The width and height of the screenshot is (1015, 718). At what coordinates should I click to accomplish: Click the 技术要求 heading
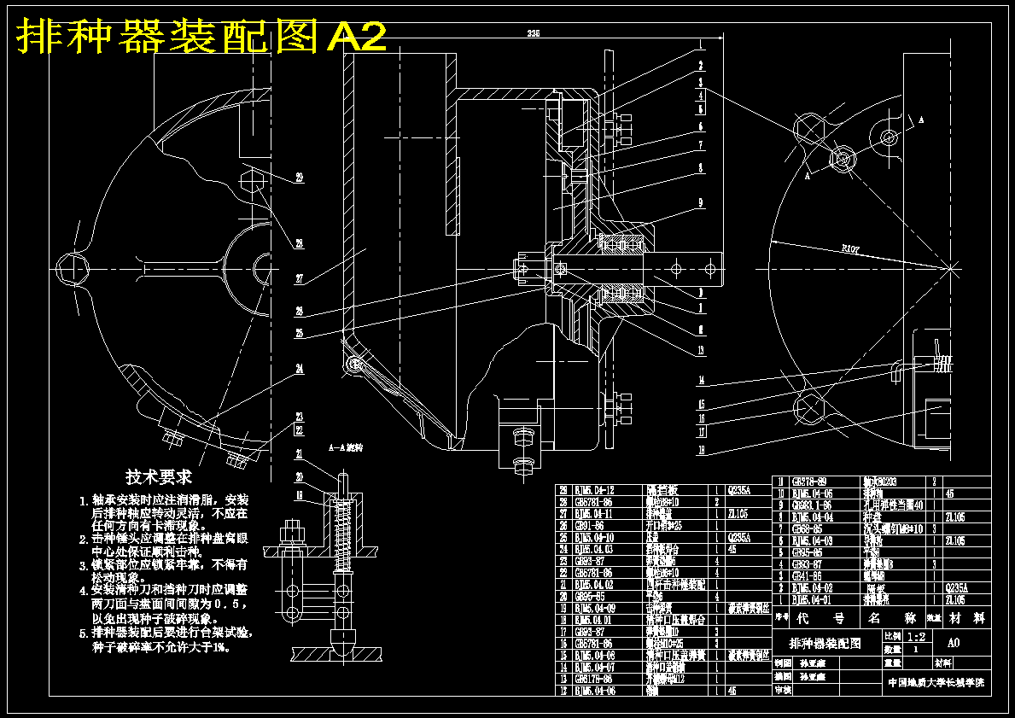click(x=159, y=476)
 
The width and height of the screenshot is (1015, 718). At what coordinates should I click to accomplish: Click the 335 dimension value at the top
click(x=534, y=33)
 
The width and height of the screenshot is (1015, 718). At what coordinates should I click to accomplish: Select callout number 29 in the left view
click(x=300, y=178)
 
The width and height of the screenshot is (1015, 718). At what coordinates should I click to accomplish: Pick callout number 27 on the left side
click(x=300, y=278)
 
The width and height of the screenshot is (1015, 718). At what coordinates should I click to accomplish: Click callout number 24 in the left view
click(x=300, y=369)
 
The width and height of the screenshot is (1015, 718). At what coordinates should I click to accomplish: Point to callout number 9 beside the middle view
click(x=699, y=203)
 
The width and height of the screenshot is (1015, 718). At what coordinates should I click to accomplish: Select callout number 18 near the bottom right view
click(x=701, y=449)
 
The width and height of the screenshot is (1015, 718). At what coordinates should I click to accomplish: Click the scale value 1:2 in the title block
click(x=916, y=637)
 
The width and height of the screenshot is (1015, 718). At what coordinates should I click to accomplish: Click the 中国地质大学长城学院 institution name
click(x=936, y=683)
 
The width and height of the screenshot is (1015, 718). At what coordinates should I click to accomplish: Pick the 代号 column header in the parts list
click(x=820, y=616)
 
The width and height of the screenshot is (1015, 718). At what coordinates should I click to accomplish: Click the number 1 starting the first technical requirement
click(x=83, y=500)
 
